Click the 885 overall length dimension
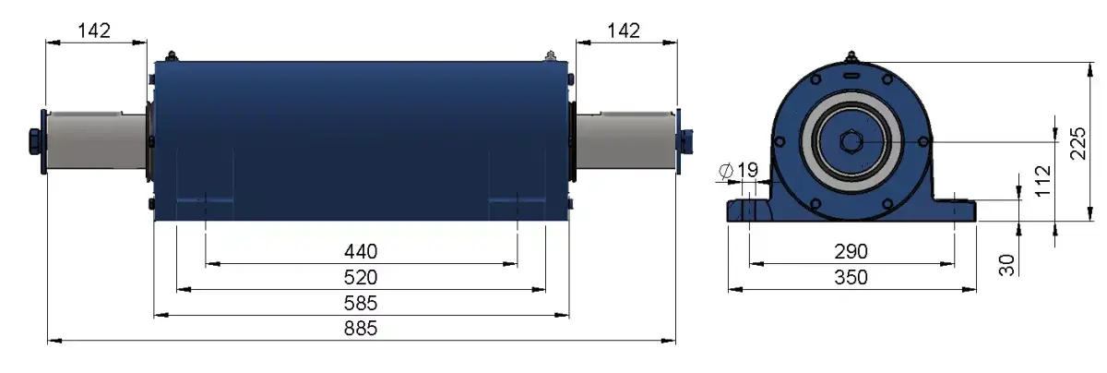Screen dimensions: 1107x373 pos(361,329)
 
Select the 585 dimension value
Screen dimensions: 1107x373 pos(361,303)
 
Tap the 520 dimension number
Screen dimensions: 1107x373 pos(361,277)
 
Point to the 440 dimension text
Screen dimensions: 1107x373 pos(361,251)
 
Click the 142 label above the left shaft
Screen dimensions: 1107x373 pos(94,30)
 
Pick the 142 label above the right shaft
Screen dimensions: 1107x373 pos(624,30)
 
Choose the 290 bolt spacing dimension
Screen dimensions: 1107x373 pos(851,251)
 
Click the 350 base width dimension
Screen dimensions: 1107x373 pos(851,277)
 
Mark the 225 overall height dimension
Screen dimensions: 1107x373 pos(1077,143)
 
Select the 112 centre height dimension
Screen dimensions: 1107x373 pos(1042,181)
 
